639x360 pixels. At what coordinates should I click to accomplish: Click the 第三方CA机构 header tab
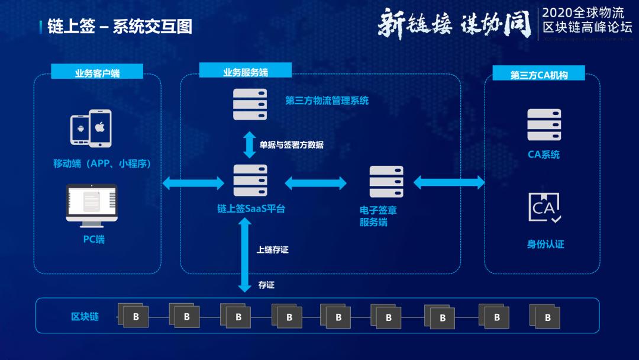tap(539, 75)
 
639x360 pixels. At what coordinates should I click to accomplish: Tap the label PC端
tap(93, 240)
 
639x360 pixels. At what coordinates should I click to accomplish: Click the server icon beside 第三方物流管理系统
tap(250, 104)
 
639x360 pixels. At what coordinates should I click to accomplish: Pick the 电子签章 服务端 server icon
tap(386, 182)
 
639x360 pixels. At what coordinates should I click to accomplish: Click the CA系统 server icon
tap(544, 124)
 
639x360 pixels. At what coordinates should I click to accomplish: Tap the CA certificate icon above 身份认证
tap(544, 207)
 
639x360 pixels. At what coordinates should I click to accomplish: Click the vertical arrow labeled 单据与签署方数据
tap(250, 144)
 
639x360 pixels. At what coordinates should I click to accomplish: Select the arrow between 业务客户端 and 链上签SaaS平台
tap(193, 183)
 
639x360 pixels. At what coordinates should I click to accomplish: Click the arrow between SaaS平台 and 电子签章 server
tap(315, 183)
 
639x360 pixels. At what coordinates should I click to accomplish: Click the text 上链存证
tap(273, 250)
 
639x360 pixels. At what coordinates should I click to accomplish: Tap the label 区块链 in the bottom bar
tap(85, 317)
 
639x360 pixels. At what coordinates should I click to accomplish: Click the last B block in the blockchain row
tap(547, 318)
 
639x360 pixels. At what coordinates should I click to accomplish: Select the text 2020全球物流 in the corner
tap(582, 13)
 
